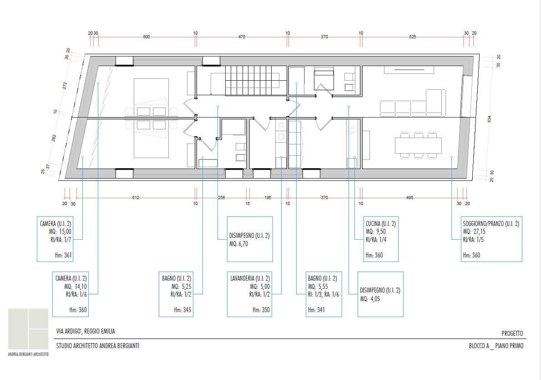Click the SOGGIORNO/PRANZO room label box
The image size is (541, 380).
pyautogui.click(x=491, y=239)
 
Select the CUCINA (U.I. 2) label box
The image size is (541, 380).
pyautogui.click(x=381, y=239)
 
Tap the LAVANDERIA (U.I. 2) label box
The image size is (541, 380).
pyautogui.click(x=250, y=294)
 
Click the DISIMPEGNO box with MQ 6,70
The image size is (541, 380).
pyautogui.click(x=250, y=239)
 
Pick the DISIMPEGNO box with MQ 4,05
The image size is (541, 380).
pyautogui.click(x=380, y=294)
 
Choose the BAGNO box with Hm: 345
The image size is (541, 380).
pyautogui.click(x=176, y=294)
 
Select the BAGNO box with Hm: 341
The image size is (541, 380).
pyautogui.click(x=324, y=294)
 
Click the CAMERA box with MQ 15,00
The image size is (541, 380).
pyautogui.click(x=55, y=239)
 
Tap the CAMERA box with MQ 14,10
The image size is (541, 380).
pyautogui.click(x=71, y=294)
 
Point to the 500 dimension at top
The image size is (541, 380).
pyautogui.click(x=147, y=36)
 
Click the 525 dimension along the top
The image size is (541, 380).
pyautogui.click(x=412, y=36)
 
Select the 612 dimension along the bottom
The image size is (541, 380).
pyautogui.click(x=136, y=198)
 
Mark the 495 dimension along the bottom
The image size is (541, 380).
pyautogui.click(x=410, y=198)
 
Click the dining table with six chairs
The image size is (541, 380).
pyautogui.click(x=418, y=145)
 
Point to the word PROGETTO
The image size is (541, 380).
pyautogui.click(x=512, y=334)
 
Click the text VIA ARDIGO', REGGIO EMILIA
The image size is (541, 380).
pyautogui.click(x=86, y=331)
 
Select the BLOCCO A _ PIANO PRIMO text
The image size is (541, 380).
pyautogui.click(x=496, y=346)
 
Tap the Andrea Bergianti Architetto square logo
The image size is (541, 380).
pyautogui.click(x=28, y=329)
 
